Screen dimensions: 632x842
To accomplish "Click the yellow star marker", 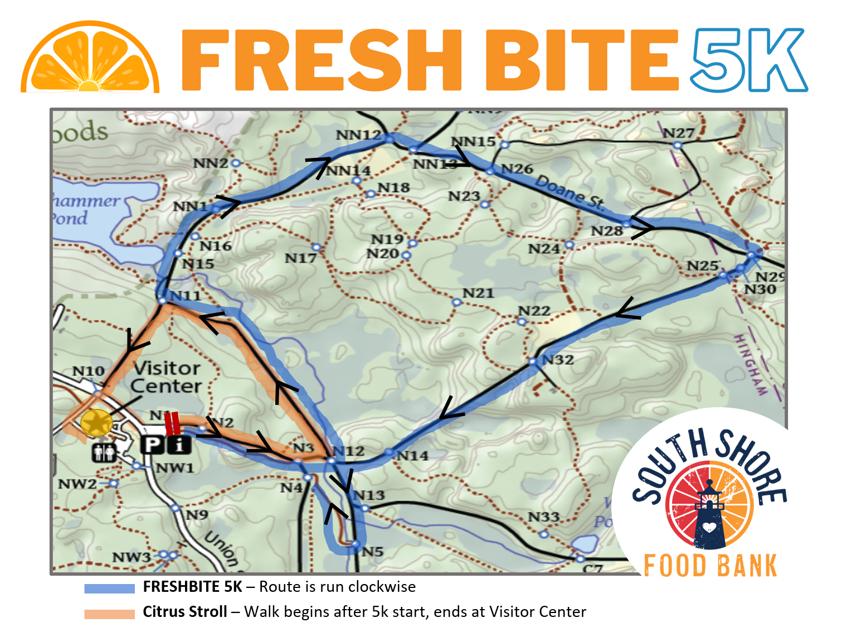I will coord(96,423).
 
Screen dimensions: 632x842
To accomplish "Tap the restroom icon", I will coord(104,452).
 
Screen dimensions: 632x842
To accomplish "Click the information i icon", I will coord(179,445).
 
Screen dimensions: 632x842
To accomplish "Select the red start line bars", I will coord(172,423).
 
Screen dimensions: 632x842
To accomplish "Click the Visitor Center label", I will coord(166,377).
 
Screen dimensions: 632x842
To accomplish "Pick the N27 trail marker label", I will coord(678,133).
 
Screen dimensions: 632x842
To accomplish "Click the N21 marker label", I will coord(478,293).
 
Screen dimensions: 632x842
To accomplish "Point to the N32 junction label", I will coord(557,360).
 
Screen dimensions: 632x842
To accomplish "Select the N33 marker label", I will coord(543,517).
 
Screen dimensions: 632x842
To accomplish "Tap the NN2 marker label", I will coord(211,163).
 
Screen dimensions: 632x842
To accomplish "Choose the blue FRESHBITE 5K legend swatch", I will coord(109,588).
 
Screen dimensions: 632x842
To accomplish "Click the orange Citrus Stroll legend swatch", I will coord(109,614).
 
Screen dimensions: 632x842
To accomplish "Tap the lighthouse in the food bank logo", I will coord(709,516).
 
